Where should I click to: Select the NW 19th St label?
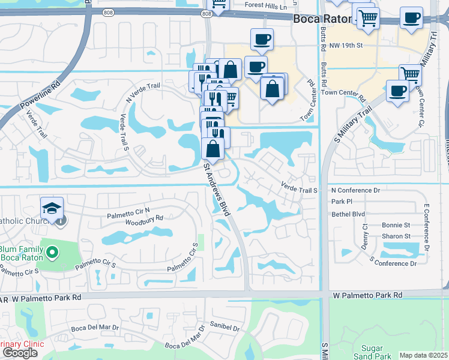tap(347, 45)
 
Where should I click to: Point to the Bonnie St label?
tap(398, 225)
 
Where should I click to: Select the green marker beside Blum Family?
tap(52, 252)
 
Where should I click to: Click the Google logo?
tap(19, 353)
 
